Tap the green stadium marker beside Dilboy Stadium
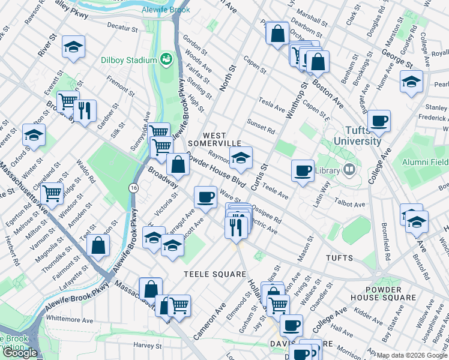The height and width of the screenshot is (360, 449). (164, 59)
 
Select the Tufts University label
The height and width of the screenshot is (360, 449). (354, 136)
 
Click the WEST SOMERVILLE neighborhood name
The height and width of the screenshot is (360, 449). (214, 139)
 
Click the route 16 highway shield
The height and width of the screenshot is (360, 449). (133, 188)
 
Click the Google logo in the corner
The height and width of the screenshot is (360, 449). (19, 353)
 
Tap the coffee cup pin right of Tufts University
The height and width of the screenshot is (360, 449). (379, 122)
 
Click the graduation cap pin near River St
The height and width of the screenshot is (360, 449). (73, 47)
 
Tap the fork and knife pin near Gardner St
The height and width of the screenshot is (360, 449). (85, 110)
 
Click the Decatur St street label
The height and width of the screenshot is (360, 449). (122, 26)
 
